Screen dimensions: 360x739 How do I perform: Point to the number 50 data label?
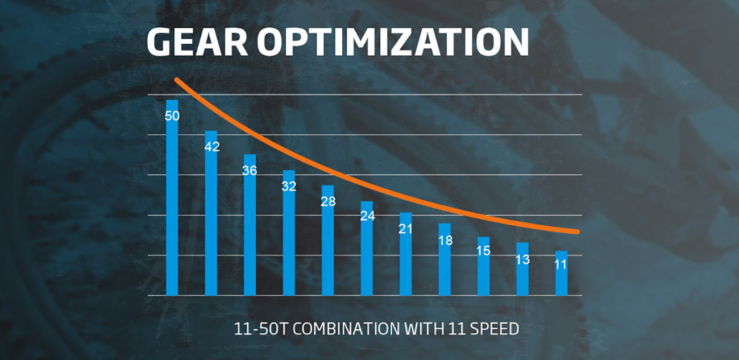coord(172,116)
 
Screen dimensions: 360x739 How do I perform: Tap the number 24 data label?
coord(367,217)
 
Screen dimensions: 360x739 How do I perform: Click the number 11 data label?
coord(561,265)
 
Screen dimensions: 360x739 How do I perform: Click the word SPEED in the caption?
coord(499,329)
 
